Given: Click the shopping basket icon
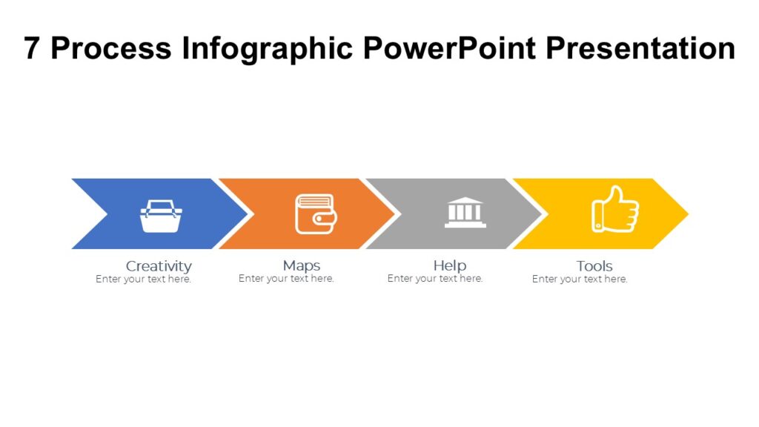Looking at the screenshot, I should (161, 216).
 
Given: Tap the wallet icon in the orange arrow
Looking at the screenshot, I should (315, 213).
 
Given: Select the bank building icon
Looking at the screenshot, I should (465, 213).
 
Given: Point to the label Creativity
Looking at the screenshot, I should (159, 265).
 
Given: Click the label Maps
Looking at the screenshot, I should (302, 265).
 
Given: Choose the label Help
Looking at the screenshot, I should (449, 265).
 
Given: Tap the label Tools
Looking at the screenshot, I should (594, 265).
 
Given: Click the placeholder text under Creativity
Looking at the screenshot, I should (143, 279).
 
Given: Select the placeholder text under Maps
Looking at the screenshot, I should (286, 279).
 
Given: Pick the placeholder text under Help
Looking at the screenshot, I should (435, 279).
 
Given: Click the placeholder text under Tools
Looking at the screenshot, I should (580, 279).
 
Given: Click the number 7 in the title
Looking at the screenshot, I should (32, 49).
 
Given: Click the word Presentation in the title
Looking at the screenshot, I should (640, 49).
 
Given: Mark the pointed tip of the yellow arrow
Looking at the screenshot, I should (686, 213).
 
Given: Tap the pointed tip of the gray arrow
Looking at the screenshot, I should (539, 213).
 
